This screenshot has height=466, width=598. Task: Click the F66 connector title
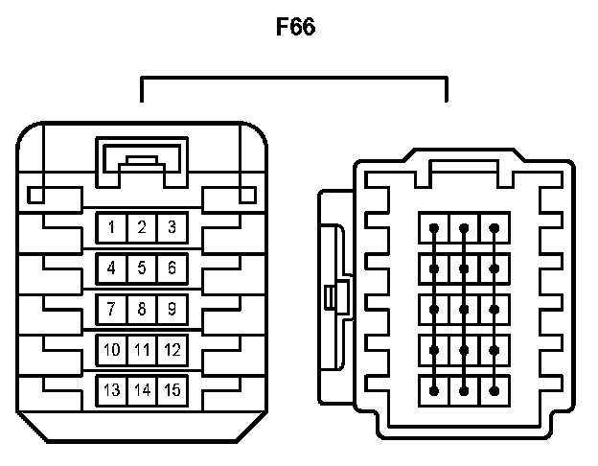click(296, 27)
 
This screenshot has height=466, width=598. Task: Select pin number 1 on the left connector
click(112, 227)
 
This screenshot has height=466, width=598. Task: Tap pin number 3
click(172, 227)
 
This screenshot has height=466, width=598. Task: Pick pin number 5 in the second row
click(142, 268)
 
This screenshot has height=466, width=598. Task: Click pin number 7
click(112, 309)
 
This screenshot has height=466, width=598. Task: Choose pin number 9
click(172, 309)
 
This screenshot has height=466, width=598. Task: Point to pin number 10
click(112, 350)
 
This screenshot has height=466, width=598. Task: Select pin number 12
click(172, 350)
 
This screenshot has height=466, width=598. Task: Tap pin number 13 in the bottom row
click(112, 390)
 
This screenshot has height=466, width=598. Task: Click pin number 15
click(172, 390)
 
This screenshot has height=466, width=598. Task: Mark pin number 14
click(142, 390)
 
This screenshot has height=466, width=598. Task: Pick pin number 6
click(172, 268)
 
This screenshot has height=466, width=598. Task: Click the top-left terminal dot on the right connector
click(434, 228)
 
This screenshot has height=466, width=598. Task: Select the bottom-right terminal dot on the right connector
click(494, 390)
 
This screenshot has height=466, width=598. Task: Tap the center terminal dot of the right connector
click(464, 309)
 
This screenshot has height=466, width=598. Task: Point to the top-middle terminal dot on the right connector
click(464, 228)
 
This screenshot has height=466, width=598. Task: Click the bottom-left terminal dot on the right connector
click(434, 390)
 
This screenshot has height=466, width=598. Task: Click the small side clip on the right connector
click(332, 297)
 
